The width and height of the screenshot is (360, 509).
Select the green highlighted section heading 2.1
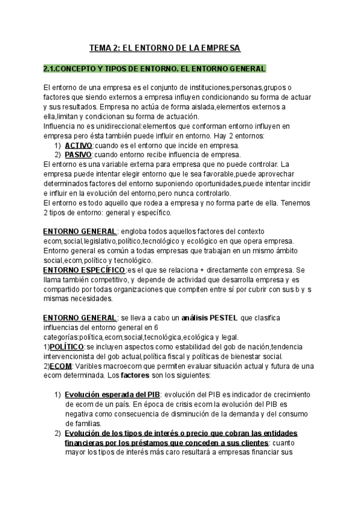155,68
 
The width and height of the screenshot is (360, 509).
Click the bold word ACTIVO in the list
78,146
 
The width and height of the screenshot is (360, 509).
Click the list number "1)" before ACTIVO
58,146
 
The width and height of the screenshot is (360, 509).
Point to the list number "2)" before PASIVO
58,154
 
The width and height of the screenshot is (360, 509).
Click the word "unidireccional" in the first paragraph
111,126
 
